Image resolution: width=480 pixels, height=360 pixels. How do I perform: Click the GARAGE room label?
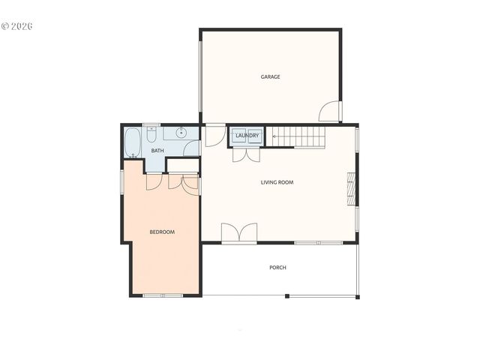pyautogui.click(x=270, y=76)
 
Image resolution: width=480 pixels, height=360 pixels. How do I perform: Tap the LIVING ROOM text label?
pyautogui.click(x=277, y=182)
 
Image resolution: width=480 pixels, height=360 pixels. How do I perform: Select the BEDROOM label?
pyautogui.click(x=162, y=232)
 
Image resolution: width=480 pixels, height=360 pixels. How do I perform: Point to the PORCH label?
pyautogui.click(x=277, y=268)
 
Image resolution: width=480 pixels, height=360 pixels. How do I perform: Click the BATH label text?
pyautogui.click(x=157, y=151)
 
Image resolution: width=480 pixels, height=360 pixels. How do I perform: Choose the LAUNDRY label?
pyautogui.click(x=247, y=136)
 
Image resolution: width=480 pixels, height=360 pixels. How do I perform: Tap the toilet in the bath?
pyautogui.click(x=151, y=134)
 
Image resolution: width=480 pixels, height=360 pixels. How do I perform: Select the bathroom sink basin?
pyautogui.click(x=181, y=133)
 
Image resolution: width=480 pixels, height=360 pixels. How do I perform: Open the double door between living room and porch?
pyautogui.click(x=239, y=233)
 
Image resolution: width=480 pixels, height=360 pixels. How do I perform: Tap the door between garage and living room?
pyautogui.click(x=214, y=135)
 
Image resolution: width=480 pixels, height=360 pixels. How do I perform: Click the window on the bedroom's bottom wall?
pyautogui.click(x=163, y=295)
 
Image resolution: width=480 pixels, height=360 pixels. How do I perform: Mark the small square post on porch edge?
pyautogui.click(x=286, y=295)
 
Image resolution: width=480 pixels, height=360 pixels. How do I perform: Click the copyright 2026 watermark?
pyautogui.click(x=18, y=26)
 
